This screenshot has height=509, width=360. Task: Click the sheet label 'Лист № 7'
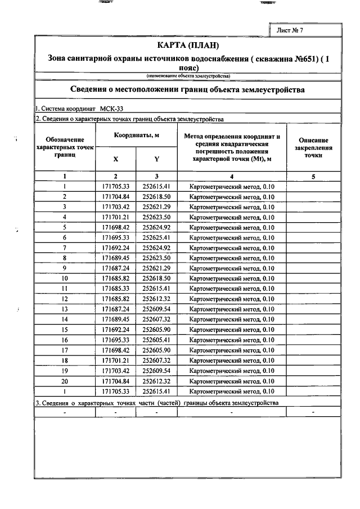[x=290, y=30]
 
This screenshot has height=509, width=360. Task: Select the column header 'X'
[x=116, y=159]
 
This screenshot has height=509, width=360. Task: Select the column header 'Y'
[x=156, y=159]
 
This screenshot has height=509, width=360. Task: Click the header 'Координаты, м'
[x=136, y=136]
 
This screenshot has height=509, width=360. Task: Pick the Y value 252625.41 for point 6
[x=156, y=237]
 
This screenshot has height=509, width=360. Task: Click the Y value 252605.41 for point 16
[x=156, y=340]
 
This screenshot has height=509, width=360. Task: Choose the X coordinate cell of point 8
[x=116, y=258]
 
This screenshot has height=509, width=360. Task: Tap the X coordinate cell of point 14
[x=116, y=319]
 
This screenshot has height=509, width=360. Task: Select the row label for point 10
[x=65, y=278]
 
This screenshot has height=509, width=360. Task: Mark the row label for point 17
[x=65, y=350]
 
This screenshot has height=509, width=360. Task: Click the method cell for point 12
[x=232, y=299]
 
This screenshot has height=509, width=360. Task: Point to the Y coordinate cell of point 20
[x=156, y=381]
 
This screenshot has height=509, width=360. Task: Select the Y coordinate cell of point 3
[x=156, y=206]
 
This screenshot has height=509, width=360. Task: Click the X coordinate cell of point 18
[x=116, y=361]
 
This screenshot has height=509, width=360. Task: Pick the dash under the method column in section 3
[x=232, y=413]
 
